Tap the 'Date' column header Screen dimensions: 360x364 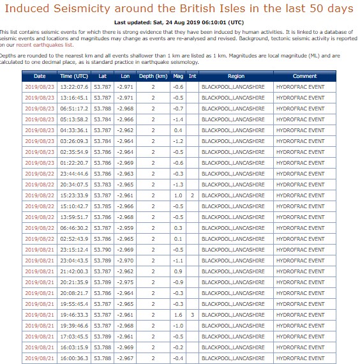[x=40, y=76]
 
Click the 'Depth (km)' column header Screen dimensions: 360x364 [x=153, y=76]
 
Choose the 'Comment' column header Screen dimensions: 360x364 [x=304, y=76]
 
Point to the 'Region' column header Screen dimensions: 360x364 [x=236, y=76]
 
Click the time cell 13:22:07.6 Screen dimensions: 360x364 [x=74, y=87]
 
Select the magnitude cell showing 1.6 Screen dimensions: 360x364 [x=178, y=315]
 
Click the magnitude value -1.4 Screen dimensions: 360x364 [x=178, y=119]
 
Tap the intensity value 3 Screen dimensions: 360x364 [x=192, y=315]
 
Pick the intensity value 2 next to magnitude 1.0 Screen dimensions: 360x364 [x=192, y=195]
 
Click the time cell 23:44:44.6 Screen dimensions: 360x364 [x=74, y=174]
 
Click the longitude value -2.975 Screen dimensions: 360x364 [x=126, y=282]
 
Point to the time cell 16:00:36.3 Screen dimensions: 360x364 [x=74, y=358]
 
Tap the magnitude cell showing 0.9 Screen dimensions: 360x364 [x=178, y=271]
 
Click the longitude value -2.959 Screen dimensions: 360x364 [x=126, y=228]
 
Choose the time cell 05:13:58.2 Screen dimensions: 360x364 [x=74, y=119]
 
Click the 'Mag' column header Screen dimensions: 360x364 [x=178, y=76]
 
